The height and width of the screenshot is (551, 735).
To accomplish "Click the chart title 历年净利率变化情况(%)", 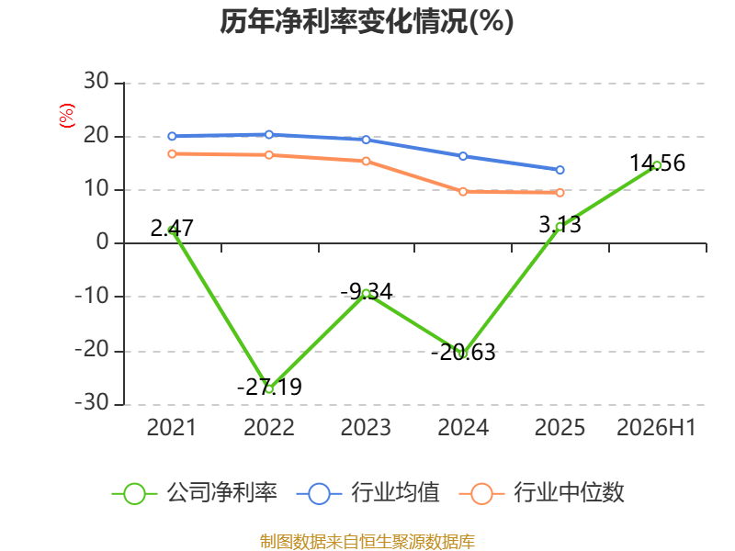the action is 367,21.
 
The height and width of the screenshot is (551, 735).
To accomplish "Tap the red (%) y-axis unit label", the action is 66,116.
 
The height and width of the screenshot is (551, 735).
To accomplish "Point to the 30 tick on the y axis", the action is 96,82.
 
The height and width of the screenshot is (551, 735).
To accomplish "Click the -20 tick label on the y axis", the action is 92,350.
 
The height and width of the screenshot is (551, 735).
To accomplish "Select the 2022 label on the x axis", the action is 269,427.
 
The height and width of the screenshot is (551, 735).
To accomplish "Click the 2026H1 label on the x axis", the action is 656,427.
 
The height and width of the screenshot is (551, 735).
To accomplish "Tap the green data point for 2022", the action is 269,388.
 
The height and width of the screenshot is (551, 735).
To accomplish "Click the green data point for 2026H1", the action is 657,165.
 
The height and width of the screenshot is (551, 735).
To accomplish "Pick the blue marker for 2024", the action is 463,156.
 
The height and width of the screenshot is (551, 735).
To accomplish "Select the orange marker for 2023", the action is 366,162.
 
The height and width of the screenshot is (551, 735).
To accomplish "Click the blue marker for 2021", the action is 172,136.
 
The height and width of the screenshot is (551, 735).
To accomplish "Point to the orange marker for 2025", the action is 560,193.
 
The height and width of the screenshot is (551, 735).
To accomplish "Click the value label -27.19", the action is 269,387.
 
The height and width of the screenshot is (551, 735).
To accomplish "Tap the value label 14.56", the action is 657,163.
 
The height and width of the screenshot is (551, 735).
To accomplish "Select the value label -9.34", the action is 366,291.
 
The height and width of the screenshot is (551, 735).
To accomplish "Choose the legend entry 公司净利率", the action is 195,493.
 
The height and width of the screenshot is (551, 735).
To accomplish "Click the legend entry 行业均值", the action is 368,493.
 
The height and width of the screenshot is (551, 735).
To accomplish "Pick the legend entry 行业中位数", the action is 541,493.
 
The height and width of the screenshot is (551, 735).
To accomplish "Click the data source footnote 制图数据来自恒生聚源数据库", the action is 367,542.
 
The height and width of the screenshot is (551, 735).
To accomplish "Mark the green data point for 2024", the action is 463,354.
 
